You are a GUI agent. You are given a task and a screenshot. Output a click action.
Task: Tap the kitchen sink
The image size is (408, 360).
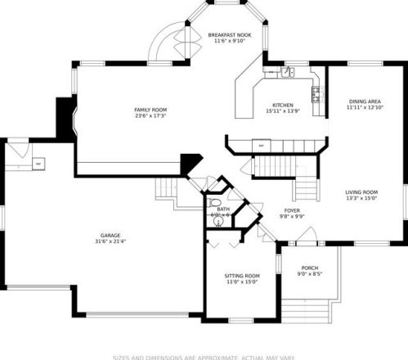[287, 74]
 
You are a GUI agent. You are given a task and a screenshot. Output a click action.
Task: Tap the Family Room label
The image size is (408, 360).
[150, 110]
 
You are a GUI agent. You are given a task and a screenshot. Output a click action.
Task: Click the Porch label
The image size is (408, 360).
[309, 268]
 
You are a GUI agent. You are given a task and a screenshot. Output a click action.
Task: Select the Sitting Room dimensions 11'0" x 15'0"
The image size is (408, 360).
[242, 282]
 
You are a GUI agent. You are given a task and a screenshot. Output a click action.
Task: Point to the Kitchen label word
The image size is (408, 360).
[282, 105]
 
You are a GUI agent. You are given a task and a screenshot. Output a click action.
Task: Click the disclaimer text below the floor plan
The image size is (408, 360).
[204, 356]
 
